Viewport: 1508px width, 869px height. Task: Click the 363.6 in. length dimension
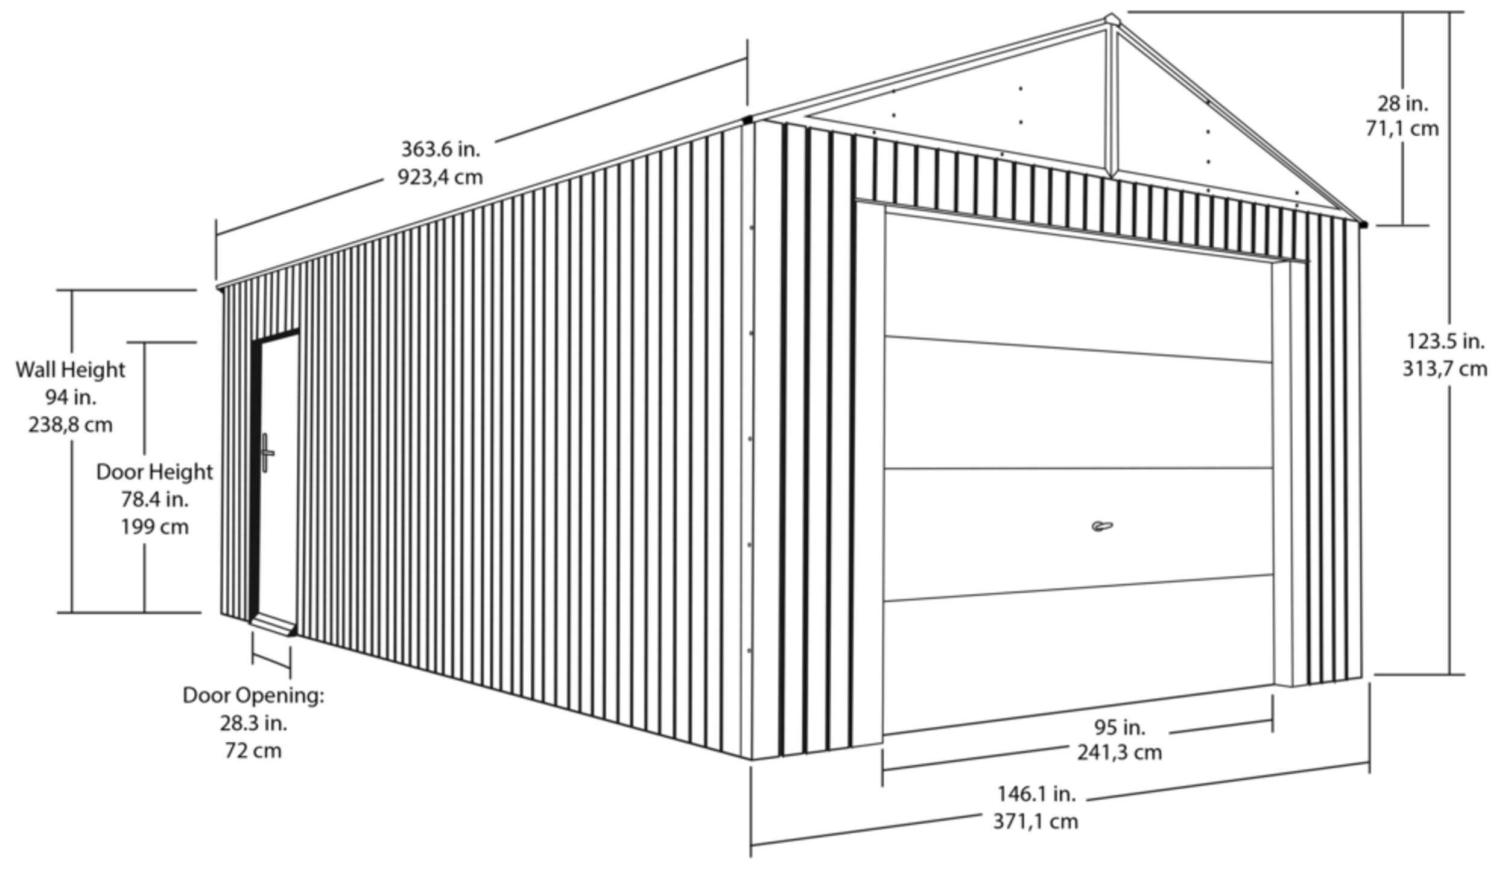point(440,149)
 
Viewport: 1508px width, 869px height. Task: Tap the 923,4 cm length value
point(440,177)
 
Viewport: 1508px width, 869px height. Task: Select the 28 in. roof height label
point(1402,104)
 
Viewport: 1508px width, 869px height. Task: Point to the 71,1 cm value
point(1402,129)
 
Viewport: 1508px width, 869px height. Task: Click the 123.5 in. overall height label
point(1445,342)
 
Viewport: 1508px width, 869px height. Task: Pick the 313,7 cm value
point(1445,369)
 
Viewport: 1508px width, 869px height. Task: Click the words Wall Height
point(71,370)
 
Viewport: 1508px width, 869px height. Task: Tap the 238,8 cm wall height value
point(71,425)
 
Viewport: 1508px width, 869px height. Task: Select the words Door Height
point(154,472)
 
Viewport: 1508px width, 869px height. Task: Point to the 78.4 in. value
point(154,500)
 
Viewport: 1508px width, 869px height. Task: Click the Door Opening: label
point(253,695)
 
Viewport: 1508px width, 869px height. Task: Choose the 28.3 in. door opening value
point(253,723)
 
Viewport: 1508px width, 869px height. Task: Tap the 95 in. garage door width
point(1120,727)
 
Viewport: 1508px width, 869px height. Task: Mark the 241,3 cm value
point(1120,753)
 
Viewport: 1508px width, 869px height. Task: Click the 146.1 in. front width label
point(1036,794)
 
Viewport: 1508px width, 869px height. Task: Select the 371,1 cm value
point(1036,821)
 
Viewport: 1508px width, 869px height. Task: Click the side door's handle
point(266,453)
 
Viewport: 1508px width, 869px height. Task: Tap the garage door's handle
point(1102,526)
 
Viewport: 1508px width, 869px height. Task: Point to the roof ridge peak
point(1111,19)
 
